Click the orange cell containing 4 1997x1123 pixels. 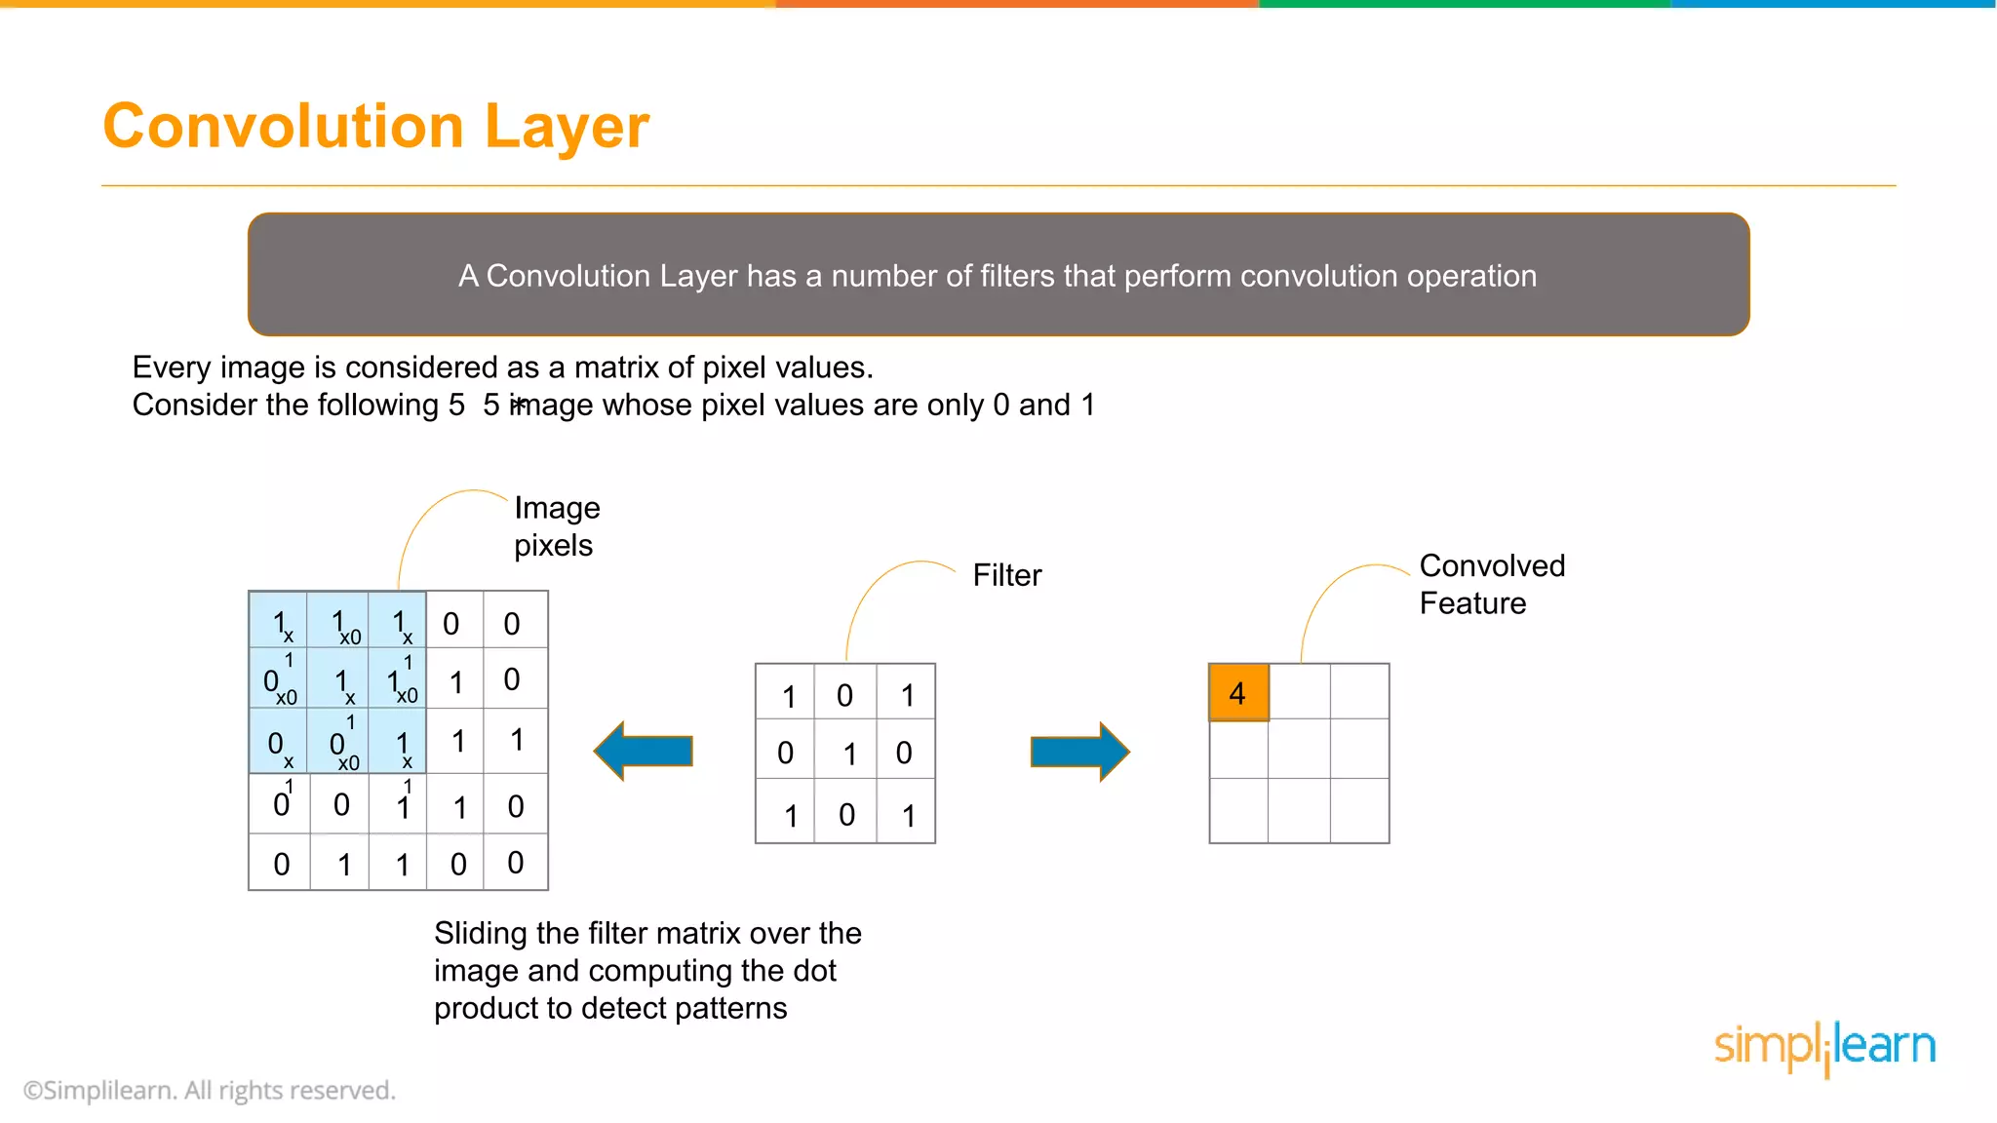[x=1238, y=693]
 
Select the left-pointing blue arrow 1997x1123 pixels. [x=645, y=751]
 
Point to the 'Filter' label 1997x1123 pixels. [x=1006, y=575]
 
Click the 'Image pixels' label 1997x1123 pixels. [x=557, y=526]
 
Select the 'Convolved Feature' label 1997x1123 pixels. [x=1492, y=584]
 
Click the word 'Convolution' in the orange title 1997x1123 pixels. [x=284, y=127]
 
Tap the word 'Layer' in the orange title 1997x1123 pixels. [x=567, y=127]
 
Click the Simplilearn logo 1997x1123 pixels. [x=1824, y=1047]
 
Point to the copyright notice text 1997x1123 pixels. [x=210, y=1090]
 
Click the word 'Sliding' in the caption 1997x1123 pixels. [x=481, y=933]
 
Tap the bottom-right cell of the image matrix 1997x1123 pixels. [x=516, y=863]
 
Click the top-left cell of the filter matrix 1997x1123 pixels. [x=786, y=693]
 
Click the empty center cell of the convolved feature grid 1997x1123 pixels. [x=1299, y=749]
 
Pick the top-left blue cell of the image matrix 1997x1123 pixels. [x=279, y=621]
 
